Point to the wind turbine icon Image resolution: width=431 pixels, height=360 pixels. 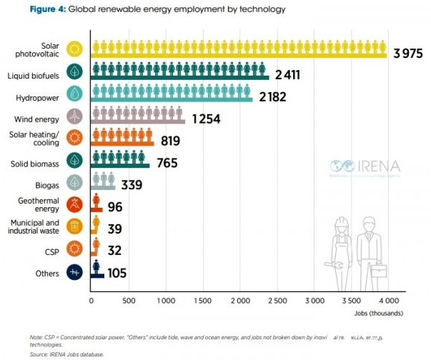click(x=74, y=116)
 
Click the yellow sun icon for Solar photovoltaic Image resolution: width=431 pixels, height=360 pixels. click(x=74, y=49)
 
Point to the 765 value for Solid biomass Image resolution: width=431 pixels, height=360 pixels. click(x=164, y=164)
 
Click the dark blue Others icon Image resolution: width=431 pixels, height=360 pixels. click(x=74, y=272)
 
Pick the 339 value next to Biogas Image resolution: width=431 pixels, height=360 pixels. click(x=131, y=186)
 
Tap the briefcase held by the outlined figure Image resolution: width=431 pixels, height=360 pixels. click(x=380, y=270)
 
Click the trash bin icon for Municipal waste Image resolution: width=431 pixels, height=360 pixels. click(x=74, y=227)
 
